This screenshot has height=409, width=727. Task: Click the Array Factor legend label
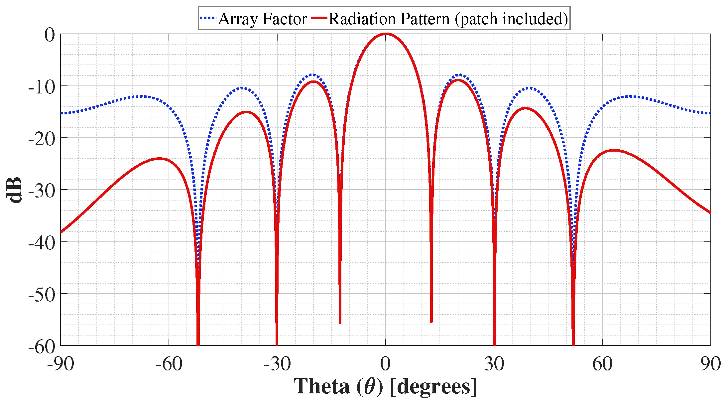tap(263, 19)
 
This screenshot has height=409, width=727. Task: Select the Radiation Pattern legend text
tap(448, 19)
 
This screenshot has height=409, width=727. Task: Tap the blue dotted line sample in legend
tap(208, 18)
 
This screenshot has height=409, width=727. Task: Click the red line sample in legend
tap(319, 18)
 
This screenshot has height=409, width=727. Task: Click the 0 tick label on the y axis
tap(50, 35)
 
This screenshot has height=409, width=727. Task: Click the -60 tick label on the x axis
tap(169, 364)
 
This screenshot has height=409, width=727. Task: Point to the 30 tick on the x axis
tap(494, 364)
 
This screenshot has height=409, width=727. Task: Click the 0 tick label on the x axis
tap(386, 364)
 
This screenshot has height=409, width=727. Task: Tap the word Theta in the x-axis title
tap(321, 387)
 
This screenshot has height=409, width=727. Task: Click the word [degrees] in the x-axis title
tap(433, 387)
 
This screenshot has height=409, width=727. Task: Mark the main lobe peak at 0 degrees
tap(386, 34)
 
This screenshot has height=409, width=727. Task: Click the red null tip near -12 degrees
tap(340, 323)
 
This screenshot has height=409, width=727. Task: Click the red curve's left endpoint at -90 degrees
tap(61, 232)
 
